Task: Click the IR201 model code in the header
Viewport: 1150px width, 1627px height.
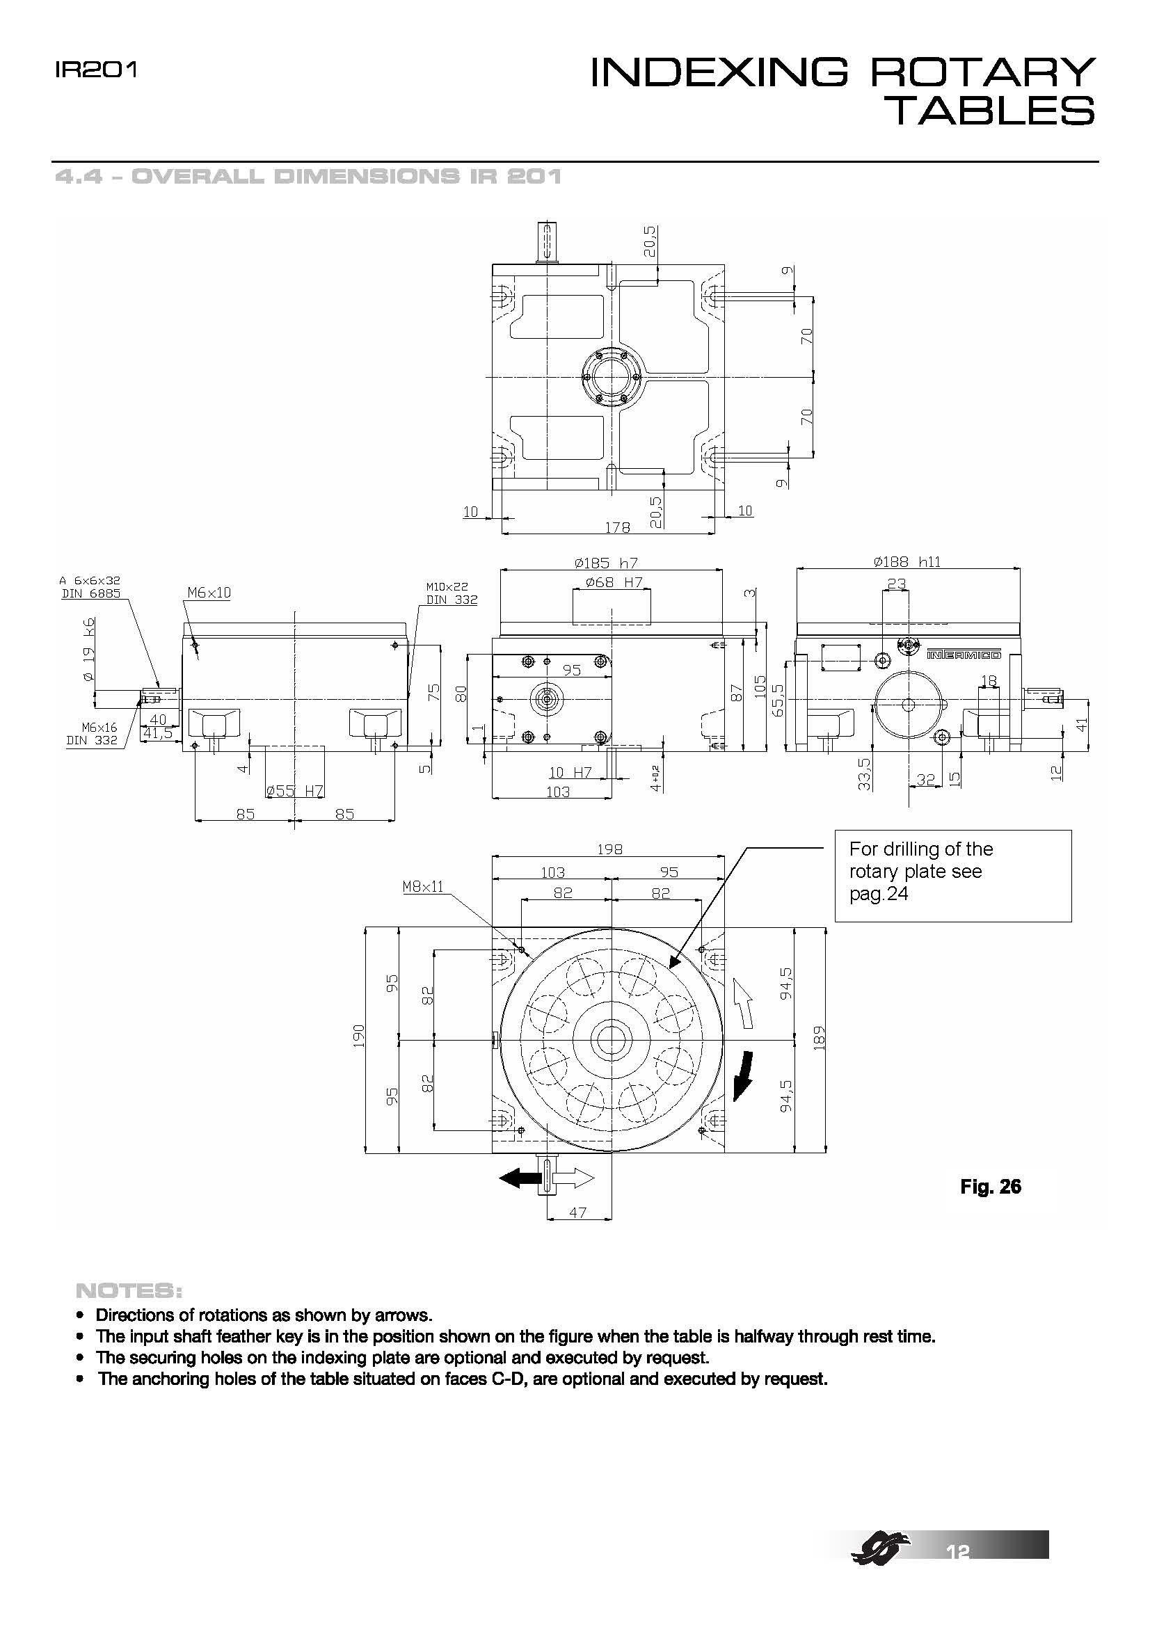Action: (x=95, y=70)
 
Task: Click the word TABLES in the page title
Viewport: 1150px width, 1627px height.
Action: (x=991, y=112)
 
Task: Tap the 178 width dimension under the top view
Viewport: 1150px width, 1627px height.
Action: (x=616, y=528)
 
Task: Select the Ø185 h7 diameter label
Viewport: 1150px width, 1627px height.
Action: (x=606, y=563)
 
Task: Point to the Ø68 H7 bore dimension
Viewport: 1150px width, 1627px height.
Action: (x=614, y=582)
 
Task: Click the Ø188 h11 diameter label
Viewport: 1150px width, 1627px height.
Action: (x=907, y=562)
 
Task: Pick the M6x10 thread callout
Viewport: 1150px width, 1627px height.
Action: (x=209, y=593)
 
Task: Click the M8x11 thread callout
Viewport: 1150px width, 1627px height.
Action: (x=422, y=886)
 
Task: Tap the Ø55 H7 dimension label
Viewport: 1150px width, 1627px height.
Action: (x=295, y=791)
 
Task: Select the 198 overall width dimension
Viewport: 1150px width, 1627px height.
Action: (x=609, y=849)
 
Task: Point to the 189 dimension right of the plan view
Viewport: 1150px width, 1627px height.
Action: (x=820, y=1038)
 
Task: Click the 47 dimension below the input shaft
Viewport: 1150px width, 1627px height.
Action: (x=578, y=1212)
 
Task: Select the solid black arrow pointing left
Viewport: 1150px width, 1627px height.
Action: (x=520, y=1178)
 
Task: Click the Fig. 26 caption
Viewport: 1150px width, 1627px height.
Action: (x=990, y=1186)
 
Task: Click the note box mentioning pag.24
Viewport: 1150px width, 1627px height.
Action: (x=952, y=876)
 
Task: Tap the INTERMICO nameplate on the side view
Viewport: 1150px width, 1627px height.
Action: (x=964, y=655)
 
